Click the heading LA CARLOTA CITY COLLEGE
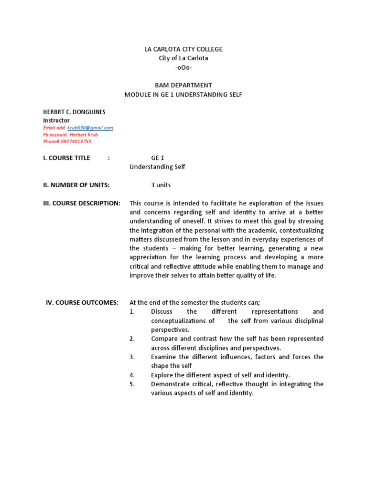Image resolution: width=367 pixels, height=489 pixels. point(183,49)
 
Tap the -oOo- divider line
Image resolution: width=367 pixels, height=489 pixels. point(183,67)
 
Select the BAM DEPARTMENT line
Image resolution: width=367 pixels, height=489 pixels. point(183,85)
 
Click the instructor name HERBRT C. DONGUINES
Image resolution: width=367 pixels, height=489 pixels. point(74,112)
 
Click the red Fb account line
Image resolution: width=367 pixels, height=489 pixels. point(70,135)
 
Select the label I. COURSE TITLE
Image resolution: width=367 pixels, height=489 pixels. point(66,158)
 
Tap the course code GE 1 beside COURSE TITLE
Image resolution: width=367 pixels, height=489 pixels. point(158,158)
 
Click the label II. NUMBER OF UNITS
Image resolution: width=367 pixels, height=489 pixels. point(76,185)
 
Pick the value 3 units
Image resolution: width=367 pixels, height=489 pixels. point(161,185)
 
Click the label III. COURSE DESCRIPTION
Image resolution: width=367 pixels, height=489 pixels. point(82,203)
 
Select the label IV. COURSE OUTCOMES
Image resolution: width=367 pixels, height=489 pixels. point(82,302)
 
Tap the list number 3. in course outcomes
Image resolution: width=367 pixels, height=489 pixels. point(132,357)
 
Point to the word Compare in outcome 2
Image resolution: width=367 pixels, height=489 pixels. point(163,339)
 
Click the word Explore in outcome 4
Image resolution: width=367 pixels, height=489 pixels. point(162,375)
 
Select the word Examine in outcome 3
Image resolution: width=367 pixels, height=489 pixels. point(163,357)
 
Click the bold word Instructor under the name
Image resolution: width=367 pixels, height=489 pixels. point(56,120)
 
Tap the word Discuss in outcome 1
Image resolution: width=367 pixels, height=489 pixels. point(162,311)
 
